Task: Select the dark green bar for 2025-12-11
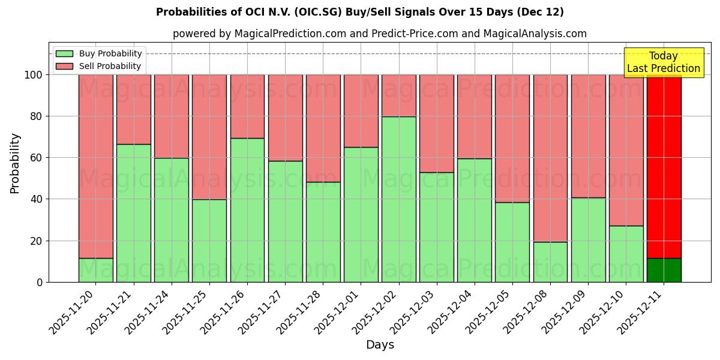coord(664,270)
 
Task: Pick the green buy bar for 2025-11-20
coord(96,270)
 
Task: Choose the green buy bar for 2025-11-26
coord(247,210)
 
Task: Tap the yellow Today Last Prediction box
coord(664,62)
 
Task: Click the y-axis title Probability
coord(15,163)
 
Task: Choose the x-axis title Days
coord(380,345)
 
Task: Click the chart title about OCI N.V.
coord(360,12)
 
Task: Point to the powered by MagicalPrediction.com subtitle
coord(380,34)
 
